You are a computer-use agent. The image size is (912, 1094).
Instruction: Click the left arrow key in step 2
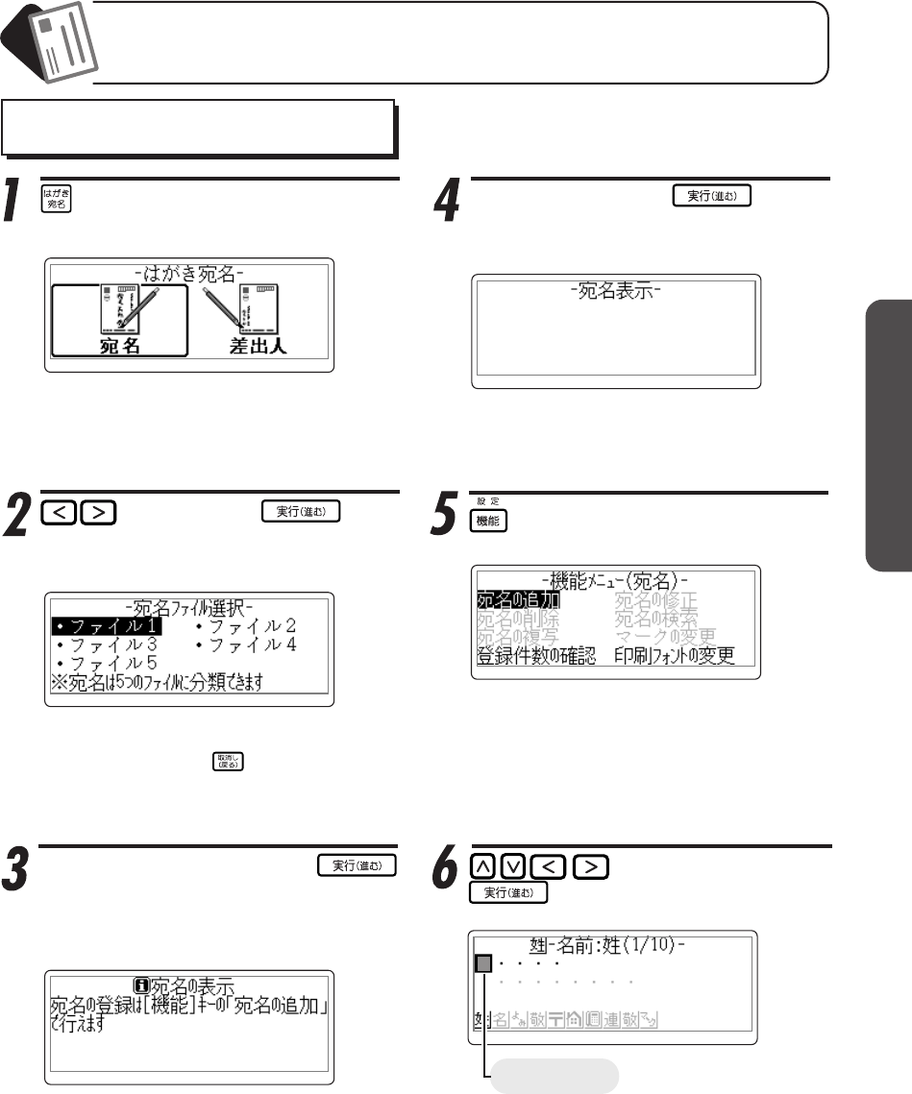(x=59, y=513)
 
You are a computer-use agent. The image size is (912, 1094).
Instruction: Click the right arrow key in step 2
(x=97, y=513)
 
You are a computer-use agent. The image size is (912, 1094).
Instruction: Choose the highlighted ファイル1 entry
(x=107, y=626)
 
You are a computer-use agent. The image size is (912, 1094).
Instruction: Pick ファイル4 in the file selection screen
(x=246, y=644)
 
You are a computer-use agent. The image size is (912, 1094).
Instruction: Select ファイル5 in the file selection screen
(x=107, y=664)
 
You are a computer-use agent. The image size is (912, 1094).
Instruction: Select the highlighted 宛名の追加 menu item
(x=517, y=601)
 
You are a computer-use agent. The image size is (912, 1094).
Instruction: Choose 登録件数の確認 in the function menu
(x=536, y=657)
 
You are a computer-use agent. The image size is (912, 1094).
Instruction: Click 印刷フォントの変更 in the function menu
(x=675, y=657)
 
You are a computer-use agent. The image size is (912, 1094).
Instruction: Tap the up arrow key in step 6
(x=485, y=867)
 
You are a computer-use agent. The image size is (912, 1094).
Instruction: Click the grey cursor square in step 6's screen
(x=484, y=963)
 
